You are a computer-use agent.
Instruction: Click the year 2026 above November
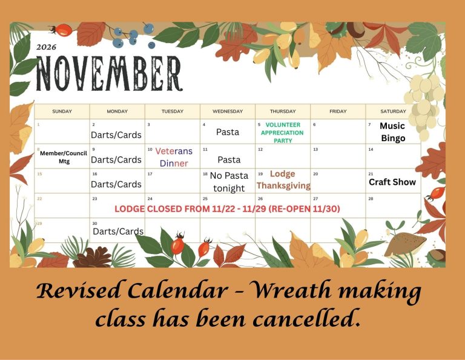click(46, 47)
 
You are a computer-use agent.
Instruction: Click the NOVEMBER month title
click(109, 73)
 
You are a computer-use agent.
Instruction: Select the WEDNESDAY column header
click(228, 112)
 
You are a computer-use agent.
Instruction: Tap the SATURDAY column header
click(393, 112)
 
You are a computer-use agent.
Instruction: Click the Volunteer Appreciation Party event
click(283, 133)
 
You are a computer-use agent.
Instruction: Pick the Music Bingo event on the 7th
click(392, 132)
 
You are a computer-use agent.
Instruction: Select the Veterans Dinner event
click(174, 157)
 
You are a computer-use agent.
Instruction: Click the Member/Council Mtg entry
click(64, 158)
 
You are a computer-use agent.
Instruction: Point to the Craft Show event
click(392, 182)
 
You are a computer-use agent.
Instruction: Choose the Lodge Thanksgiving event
click(283, 179)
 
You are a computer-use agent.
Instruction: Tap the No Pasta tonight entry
click(229, 182)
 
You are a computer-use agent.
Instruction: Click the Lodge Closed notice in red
click(227, 209)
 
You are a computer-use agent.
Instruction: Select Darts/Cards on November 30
click(118, 231)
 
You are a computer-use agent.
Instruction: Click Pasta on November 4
click(228, 132)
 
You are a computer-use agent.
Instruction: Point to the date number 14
click(371, 149)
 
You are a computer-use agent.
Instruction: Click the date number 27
click(315, 199)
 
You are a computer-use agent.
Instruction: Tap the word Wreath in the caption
click(292, 290)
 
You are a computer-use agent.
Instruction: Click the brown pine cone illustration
click(93, 258)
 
